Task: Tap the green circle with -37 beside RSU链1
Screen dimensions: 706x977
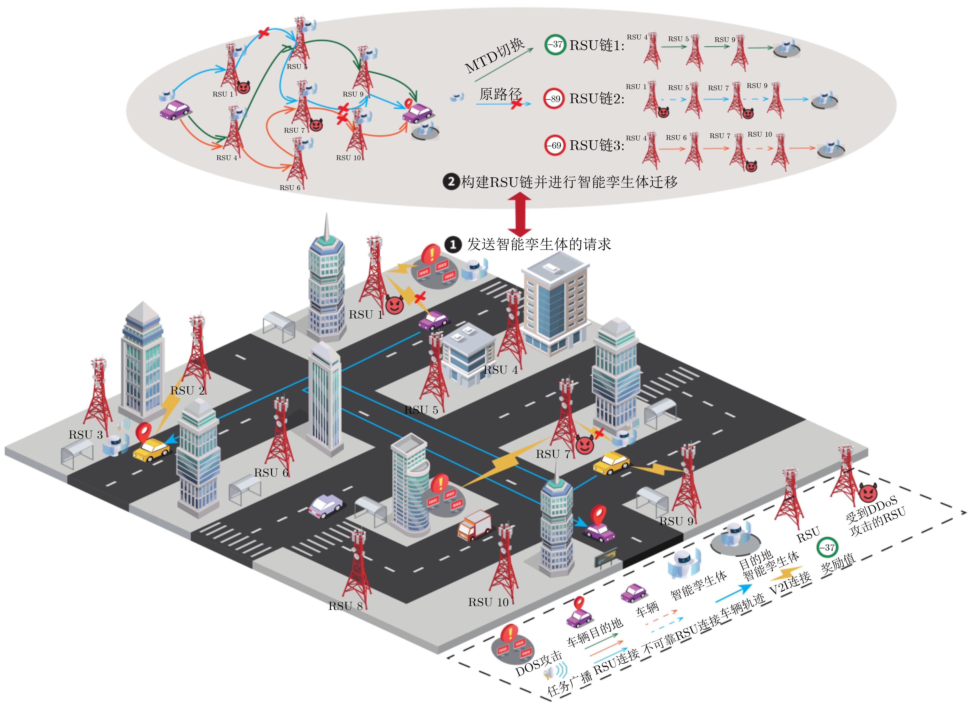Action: pyautogui.click(x=555, y=44)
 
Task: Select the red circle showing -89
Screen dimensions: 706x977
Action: pyautogui.click(x=554, y=99)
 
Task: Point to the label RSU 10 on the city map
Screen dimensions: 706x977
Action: pyautogui.click(x=488, y=602)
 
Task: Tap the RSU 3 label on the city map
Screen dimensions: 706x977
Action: pyautogui.click(x=85, y=435)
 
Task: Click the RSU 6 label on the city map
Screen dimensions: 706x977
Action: pyautogui.click(x=271, y=473)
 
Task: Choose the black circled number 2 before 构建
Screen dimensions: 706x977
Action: pyautogui.click(x=451, y=181)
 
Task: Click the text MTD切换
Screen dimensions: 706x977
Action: pyautogui.click(x=494, y=55)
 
